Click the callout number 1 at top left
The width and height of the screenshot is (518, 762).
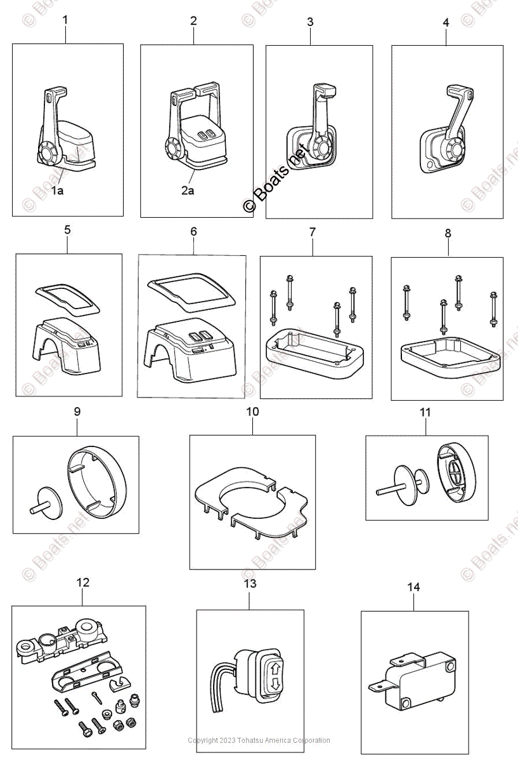tap(65, 20)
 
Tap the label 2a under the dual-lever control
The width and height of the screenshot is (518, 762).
tap(187, 190)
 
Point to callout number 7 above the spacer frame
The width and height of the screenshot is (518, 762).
tap(312, 232)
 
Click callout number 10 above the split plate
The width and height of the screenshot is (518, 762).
tap(252, 411)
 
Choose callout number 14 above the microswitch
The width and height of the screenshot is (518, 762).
tap(413, 587)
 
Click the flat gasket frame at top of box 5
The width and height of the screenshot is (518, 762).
tap(68, 298)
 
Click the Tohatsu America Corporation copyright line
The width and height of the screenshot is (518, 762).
tap(259, 740)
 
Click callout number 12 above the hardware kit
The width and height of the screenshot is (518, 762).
tap(83, 582)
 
